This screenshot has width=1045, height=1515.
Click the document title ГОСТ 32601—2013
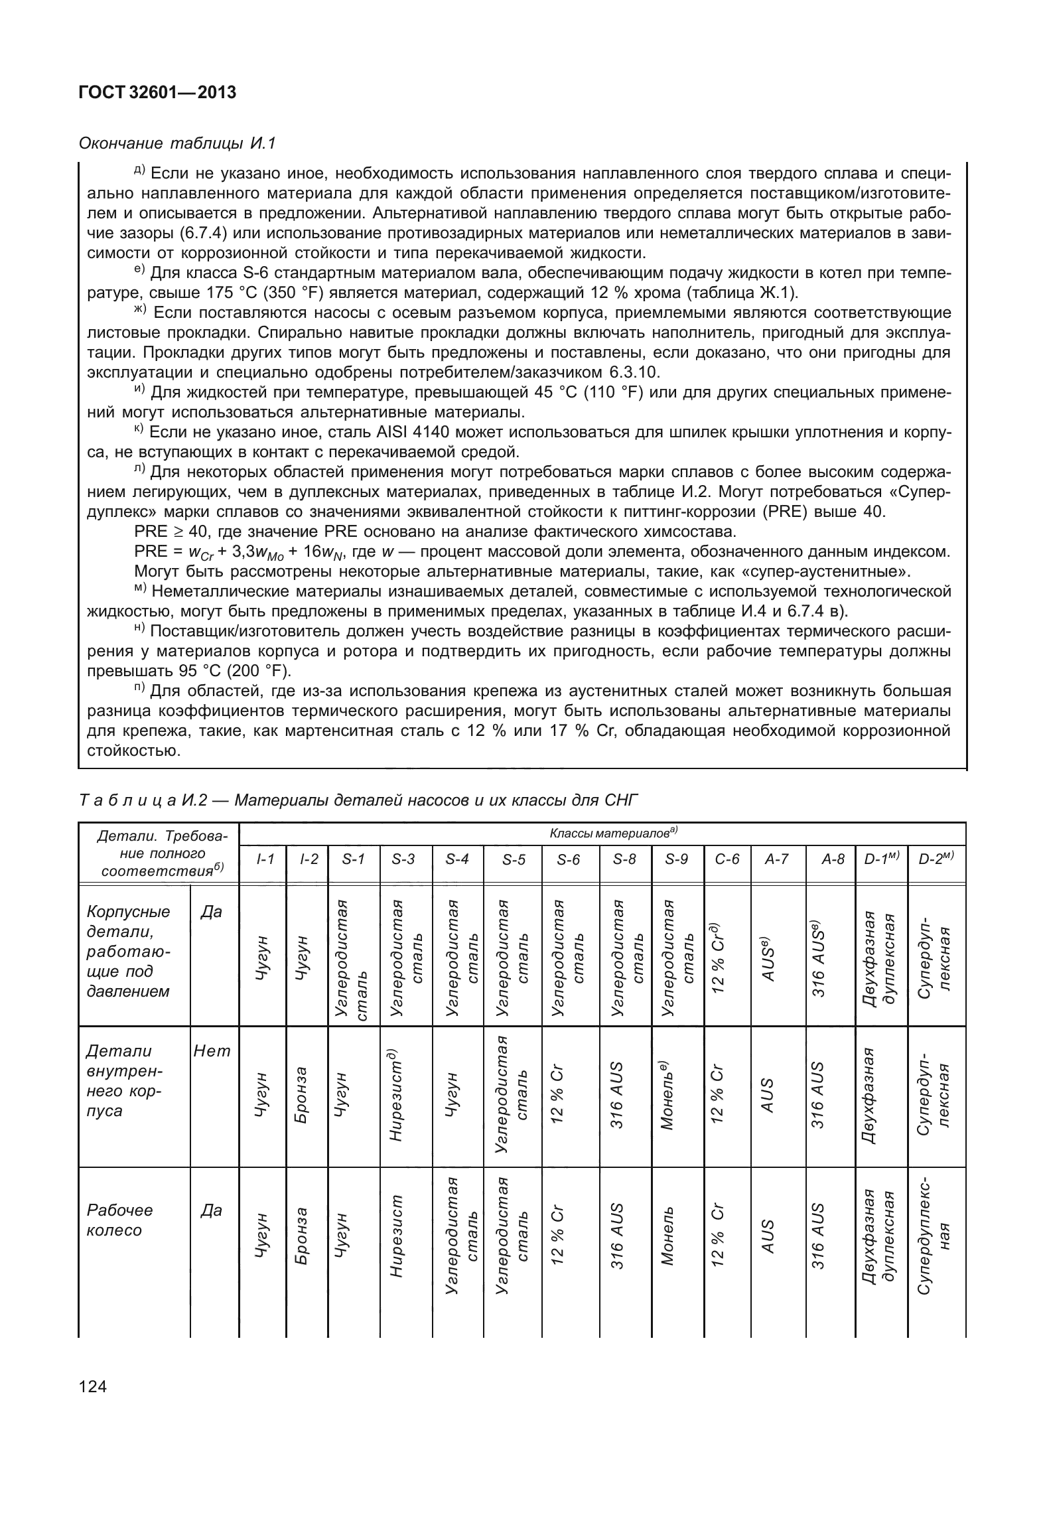click(x=157, y=93)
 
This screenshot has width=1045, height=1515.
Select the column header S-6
click(x=569, y=859)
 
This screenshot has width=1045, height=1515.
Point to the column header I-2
click(x=309, y=859)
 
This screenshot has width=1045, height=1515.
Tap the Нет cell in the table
click(x=212, y=1051)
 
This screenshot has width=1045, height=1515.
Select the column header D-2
click(x=936, y=859)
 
